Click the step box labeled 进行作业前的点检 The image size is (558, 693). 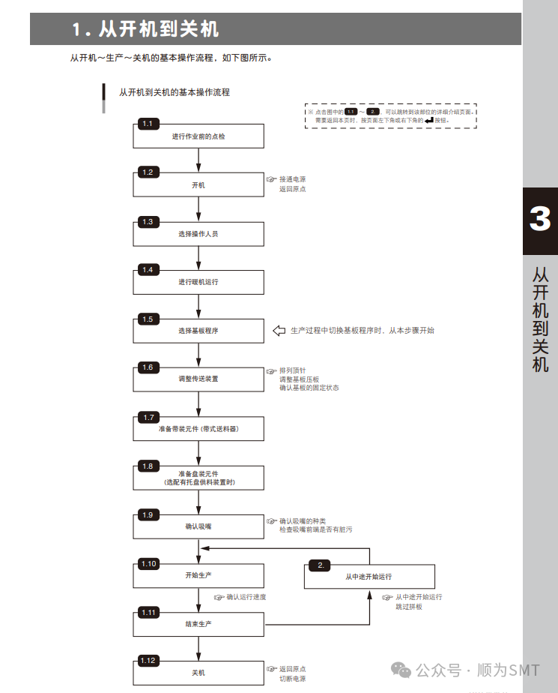tap(198, 136)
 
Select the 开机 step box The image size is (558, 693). tap(198, 185)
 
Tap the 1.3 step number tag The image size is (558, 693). tap(148, 222)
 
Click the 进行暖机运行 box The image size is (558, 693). tap(198, 282)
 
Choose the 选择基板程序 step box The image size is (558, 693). tap(198, 331)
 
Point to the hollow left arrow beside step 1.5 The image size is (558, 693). tap(279, 331)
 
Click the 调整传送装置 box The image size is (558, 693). tap(198, 379)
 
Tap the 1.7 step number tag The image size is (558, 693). tap(148, 417)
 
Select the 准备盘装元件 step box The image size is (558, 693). tap(198, 478)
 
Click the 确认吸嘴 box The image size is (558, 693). tap(198, 526)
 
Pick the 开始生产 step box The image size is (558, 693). tap(198, 575)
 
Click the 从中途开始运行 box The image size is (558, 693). tap(369, 577)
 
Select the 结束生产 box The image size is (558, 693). tap(198, 624)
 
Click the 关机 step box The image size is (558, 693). tap(198, 673)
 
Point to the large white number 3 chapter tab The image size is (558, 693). tap(539, 220)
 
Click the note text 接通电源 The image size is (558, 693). tap(292, 179)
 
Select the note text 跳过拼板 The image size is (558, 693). tap(409, 606)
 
